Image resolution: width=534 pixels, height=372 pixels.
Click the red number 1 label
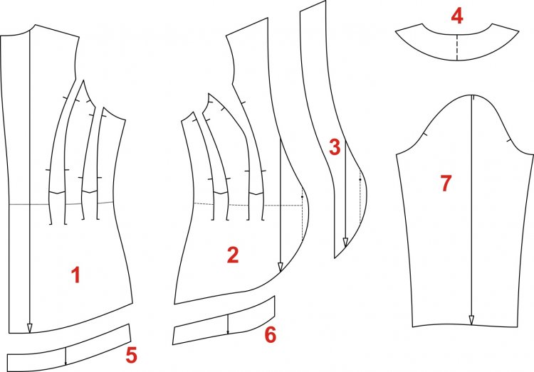click(75, 275)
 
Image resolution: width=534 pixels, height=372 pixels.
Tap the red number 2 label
click(233, 255)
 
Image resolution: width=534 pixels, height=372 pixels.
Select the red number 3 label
click(335, 147)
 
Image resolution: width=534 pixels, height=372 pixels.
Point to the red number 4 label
click(457, 16)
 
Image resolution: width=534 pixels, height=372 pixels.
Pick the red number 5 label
click(132, 355)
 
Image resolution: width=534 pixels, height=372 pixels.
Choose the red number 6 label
click(271, 335)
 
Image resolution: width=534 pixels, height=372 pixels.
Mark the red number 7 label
click(446, 183)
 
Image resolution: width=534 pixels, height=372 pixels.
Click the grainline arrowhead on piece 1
click(30, 328)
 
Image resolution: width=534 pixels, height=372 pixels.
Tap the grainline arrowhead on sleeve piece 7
click(471, 320)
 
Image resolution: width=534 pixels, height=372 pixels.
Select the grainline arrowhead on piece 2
click(281, 267)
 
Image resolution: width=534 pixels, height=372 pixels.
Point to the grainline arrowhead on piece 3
click(345, 243)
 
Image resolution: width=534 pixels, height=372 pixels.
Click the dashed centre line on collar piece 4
click(456, 48)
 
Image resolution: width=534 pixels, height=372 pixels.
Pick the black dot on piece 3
click(360, 179)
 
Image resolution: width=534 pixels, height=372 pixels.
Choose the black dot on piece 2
click(302, 197)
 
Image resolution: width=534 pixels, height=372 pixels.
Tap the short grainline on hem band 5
click(66, 356)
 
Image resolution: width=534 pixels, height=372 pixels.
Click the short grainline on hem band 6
click(228, 324)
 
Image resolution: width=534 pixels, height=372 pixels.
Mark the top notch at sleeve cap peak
click(473, 97)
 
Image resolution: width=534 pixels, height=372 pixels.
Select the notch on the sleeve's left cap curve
click(426, 134)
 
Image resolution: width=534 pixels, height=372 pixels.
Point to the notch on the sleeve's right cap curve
click(510, 140)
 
